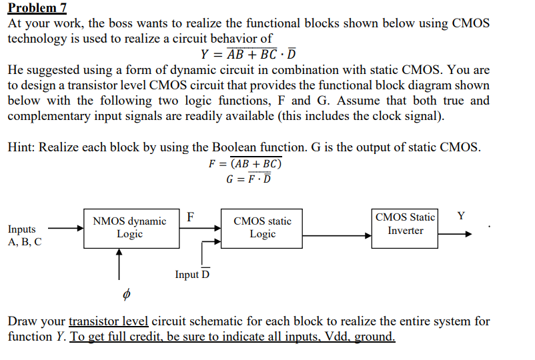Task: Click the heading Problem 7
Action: point(37,7)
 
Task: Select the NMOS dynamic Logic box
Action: point(131,229)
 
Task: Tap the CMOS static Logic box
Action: point(261,229)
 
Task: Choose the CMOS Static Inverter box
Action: point(405,229)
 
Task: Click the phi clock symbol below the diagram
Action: point(126,294)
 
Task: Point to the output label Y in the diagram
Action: point(461,216)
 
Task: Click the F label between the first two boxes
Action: point(190,217)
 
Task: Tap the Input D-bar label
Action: point(192,274)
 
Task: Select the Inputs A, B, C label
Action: point(25,235)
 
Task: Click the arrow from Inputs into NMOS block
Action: point(66,228)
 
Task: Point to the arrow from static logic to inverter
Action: point(337,235)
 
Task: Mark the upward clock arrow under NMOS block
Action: point(119,264)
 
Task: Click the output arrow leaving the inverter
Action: point(455,234)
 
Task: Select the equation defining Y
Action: point(248,53)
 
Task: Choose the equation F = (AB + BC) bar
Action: point(245,163)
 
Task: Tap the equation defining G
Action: point(248,179)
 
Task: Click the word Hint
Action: point(21,147)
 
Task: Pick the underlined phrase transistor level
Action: point(109,321)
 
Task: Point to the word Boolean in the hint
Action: point(234,147)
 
